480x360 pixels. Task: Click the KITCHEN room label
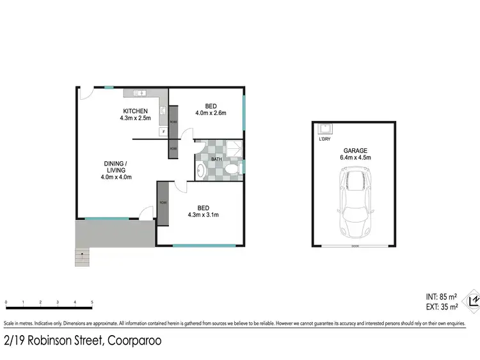click(x=134, y=111)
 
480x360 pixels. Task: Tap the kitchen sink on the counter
click(x=140, y=94)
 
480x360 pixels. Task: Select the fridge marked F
click(x=163, y=132)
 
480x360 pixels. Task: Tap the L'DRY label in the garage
click(x=324, y=139)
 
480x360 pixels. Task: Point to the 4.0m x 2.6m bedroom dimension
click(x=211, y=113)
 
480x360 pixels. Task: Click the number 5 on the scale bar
click(x=92, y=302)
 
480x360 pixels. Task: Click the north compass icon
click(x=473, y=300)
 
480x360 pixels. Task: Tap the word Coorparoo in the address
click(x=134, y=341)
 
